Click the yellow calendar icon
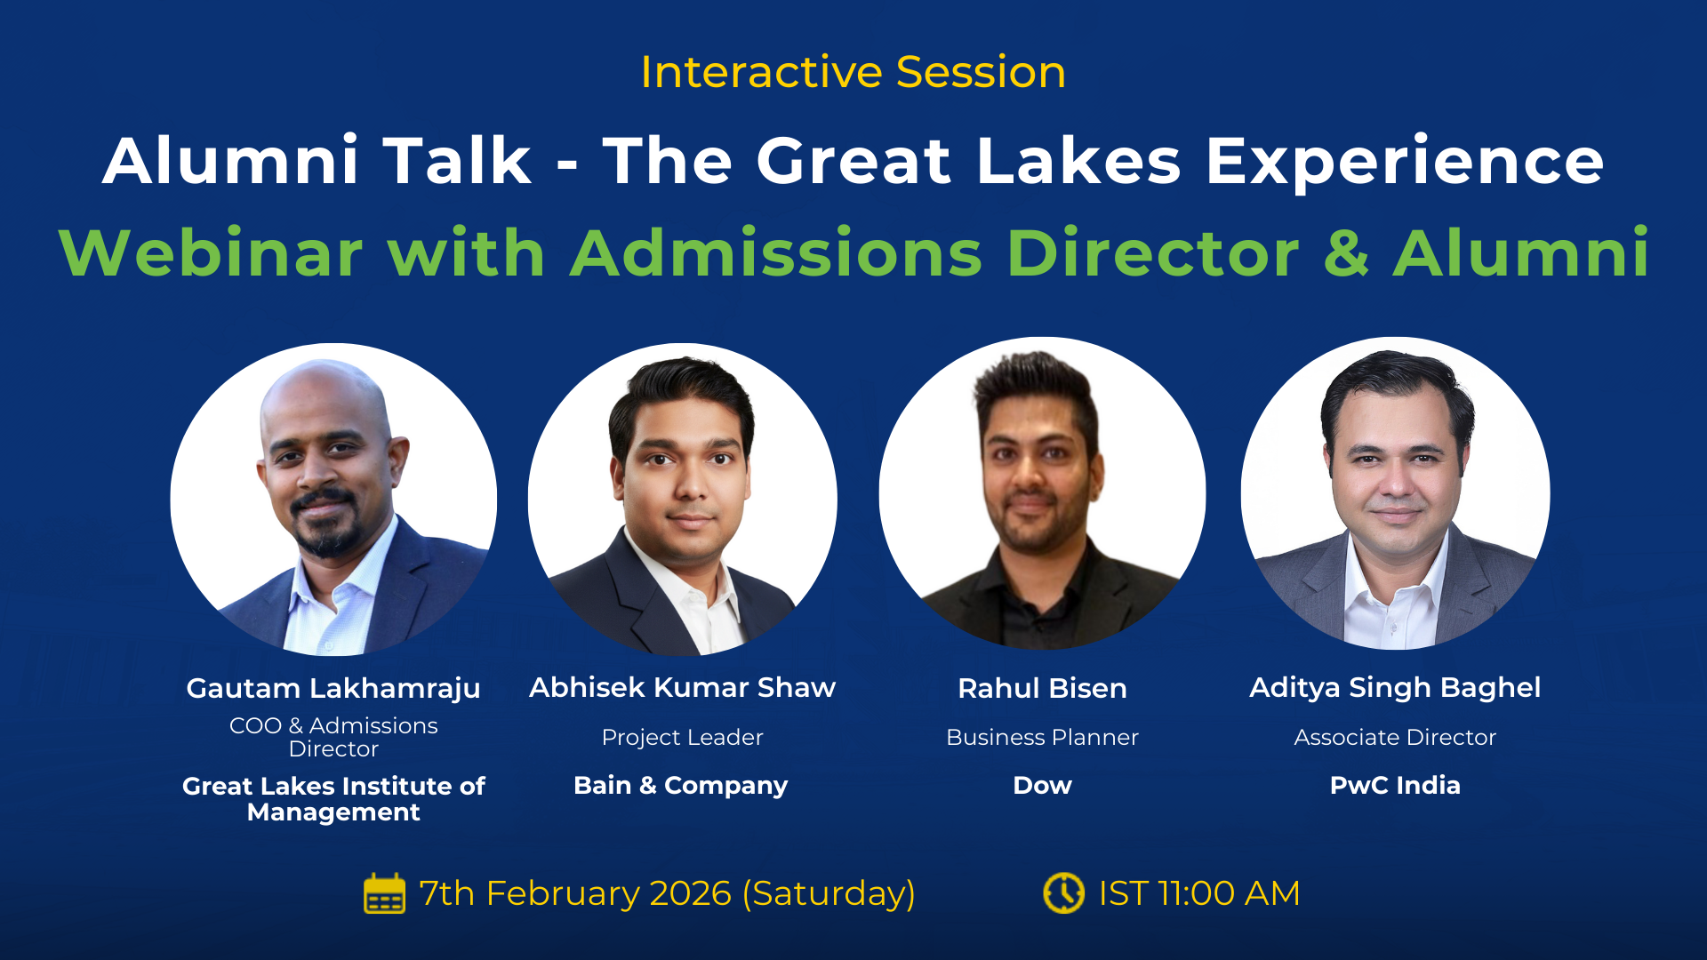pos(384,893)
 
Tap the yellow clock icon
pos(1063,893)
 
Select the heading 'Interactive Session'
pos(853,72)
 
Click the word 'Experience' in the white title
pos(1404,161)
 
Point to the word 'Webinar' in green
pos(211,253)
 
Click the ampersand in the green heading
pos(1346,253)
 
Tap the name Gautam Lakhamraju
pos(333,688)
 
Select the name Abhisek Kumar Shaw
pos(682,687)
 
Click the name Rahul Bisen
pos(1042,688)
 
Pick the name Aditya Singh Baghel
pos(1395,687)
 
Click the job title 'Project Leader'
pos(682,737)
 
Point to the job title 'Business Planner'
pos(1042,737)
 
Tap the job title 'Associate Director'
pos(1395,737)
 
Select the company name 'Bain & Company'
pos(680,785)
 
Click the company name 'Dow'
pos(1042,785)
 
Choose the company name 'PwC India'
pos(1395,785)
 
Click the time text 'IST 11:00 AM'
pos(1198,893)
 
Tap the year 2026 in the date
pos(690,893)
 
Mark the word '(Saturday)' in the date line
pos(829,893)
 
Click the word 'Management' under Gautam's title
pos(333,812)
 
